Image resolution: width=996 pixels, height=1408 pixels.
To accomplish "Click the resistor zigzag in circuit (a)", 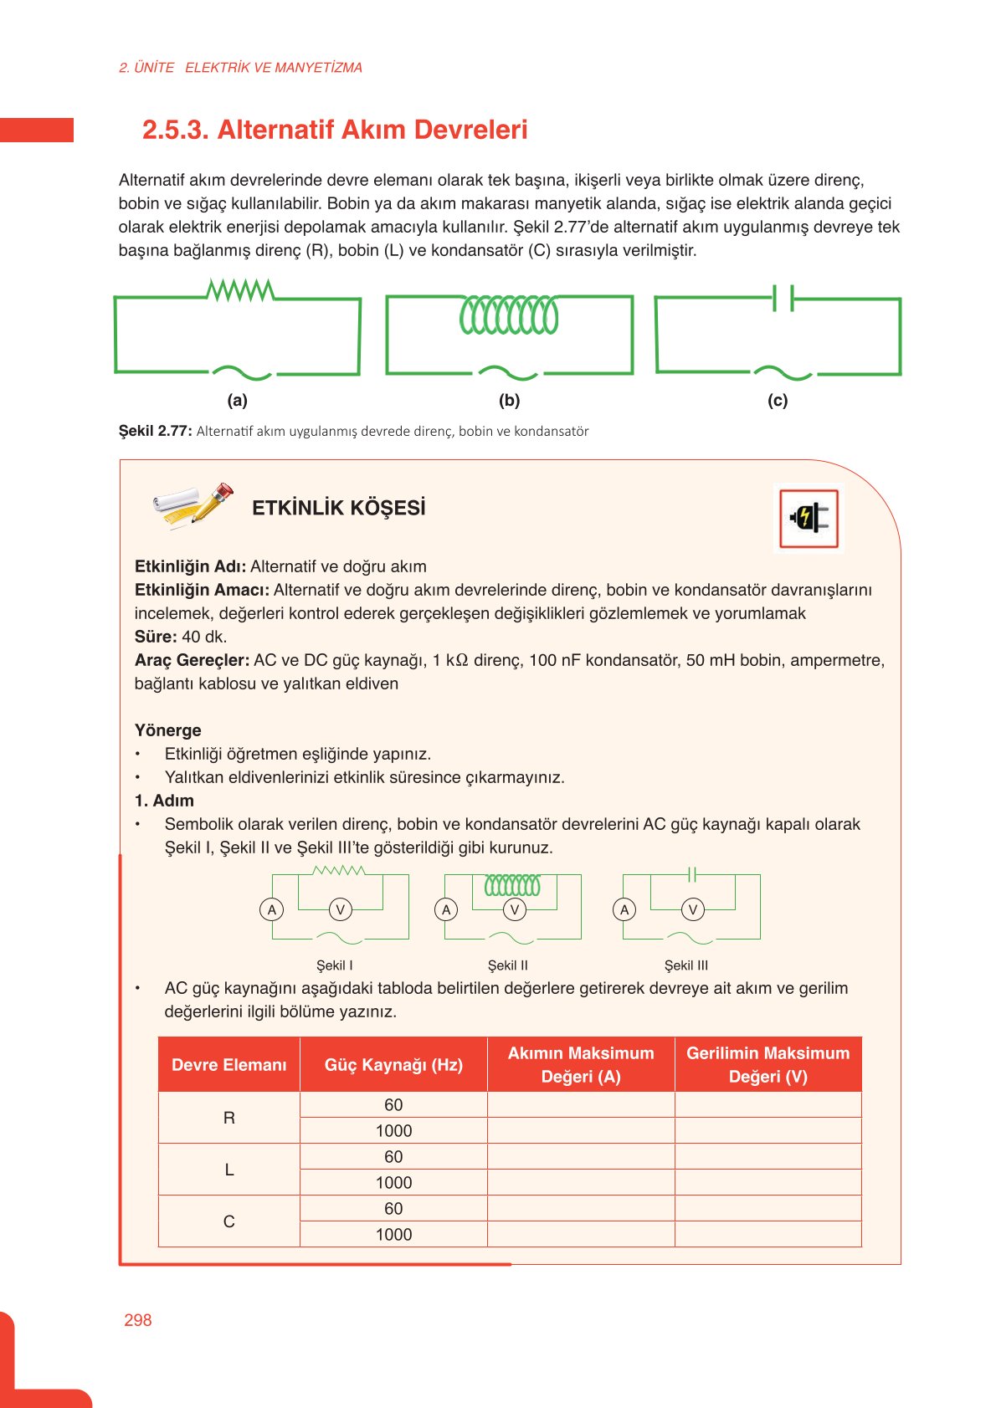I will [240, 290].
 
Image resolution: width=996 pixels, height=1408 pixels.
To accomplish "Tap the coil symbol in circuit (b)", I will [509, 315].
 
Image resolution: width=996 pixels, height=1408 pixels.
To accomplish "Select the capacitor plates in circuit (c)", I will [783, 298].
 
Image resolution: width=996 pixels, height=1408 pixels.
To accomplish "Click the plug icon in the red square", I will [809, 519].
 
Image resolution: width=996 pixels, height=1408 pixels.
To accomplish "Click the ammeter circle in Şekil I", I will [271, 909].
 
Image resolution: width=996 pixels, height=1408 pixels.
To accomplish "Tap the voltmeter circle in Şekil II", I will [515, 909].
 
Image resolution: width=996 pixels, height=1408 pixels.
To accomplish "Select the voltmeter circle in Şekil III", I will [692, 909].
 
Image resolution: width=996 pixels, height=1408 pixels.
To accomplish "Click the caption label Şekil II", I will [508, 965].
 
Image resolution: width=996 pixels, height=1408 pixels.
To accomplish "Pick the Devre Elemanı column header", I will [228, 1064].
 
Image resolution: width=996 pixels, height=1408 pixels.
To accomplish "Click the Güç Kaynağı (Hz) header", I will [393, 1064].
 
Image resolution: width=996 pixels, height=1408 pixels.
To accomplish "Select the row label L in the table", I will [228, 1170].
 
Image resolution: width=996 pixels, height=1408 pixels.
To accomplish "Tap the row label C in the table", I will [228, 1221].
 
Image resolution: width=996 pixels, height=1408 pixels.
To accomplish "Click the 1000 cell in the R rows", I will [393, 1131].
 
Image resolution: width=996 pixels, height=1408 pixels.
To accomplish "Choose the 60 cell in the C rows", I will [393, 1208].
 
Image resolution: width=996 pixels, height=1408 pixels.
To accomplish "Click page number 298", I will [138, 1320].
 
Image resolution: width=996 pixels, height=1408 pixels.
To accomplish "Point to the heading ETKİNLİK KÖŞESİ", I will [338, 508].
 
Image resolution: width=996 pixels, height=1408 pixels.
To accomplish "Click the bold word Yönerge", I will [167, 730].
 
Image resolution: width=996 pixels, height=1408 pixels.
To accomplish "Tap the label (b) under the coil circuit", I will [509, 400].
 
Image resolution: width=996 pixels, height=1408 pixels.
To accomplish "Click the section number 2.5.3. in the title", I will [174, 130].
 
